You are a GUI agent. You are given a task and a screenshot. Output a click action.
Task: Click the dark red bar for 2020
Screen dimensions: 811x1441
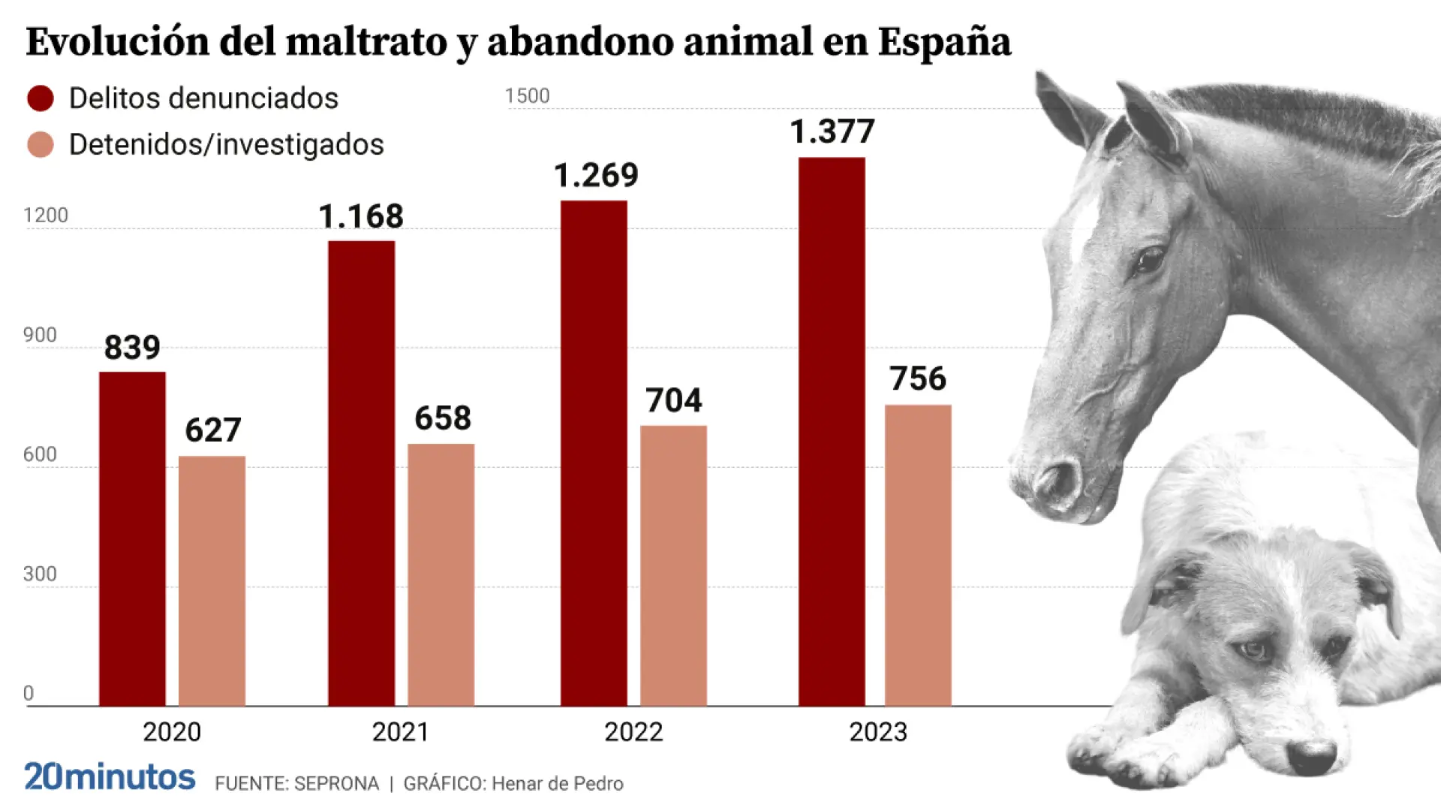point(132,538)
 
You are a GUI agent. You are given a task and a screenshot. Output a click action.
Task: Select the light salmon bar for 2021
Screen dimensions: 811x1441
point(441,574)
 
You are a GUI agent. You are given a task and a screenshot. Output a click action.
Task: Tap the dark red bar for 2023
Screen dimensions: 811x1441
point(831,432)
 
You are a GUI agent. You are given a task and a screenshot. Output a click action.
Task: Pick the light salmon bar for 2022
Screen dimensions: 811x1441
point(673,565)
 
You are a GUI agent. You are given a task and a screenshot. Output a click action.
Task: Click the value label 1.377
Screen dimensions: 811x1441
point(832,132)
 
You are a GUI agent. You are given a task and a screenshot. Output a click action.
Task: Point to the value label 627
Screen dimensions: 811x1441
point(213,430)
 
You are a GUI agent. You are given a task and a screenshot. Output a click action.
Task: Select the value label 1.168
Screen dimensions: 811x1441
point(361,217)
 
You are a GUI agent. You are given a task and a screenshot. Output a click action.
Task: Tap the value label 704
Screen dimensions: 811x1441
point(673,400)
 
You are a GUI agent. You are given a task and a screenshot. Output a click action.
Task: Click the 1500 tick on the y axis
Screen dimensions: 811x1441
point(527,96)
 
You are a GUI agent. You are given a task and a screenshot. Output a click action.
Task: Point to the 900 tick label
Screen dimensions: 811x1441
point(40,335)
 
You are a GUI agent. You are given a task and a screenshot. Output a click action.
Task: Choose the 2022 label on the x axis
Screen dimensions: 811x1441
point(633,732)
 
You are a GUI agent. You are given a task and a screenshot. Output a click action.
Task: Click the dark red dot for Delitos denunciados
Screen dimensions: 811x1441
point(41,98)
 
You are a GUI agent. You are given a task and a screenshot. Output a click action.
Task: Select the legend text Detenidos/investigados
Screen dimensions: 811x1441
point(226,145)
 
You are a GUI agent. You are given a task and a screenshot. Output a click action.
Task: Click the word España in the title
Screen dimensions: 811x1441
point(944,42)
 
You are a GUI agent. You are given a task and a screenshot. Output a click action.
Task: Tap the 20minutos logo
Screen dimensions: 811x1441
point(110,777)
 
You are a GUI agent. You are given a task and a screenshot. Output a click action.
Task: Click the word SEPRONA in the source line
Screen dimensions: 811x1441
point(336,784)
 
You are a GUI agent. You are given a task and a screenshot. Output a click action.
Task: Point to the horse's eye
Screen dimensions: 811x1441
point(1148,261)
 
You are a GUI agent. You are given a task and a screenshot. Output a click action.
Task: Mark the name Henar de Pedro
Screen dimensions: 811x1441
point(558,784)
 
